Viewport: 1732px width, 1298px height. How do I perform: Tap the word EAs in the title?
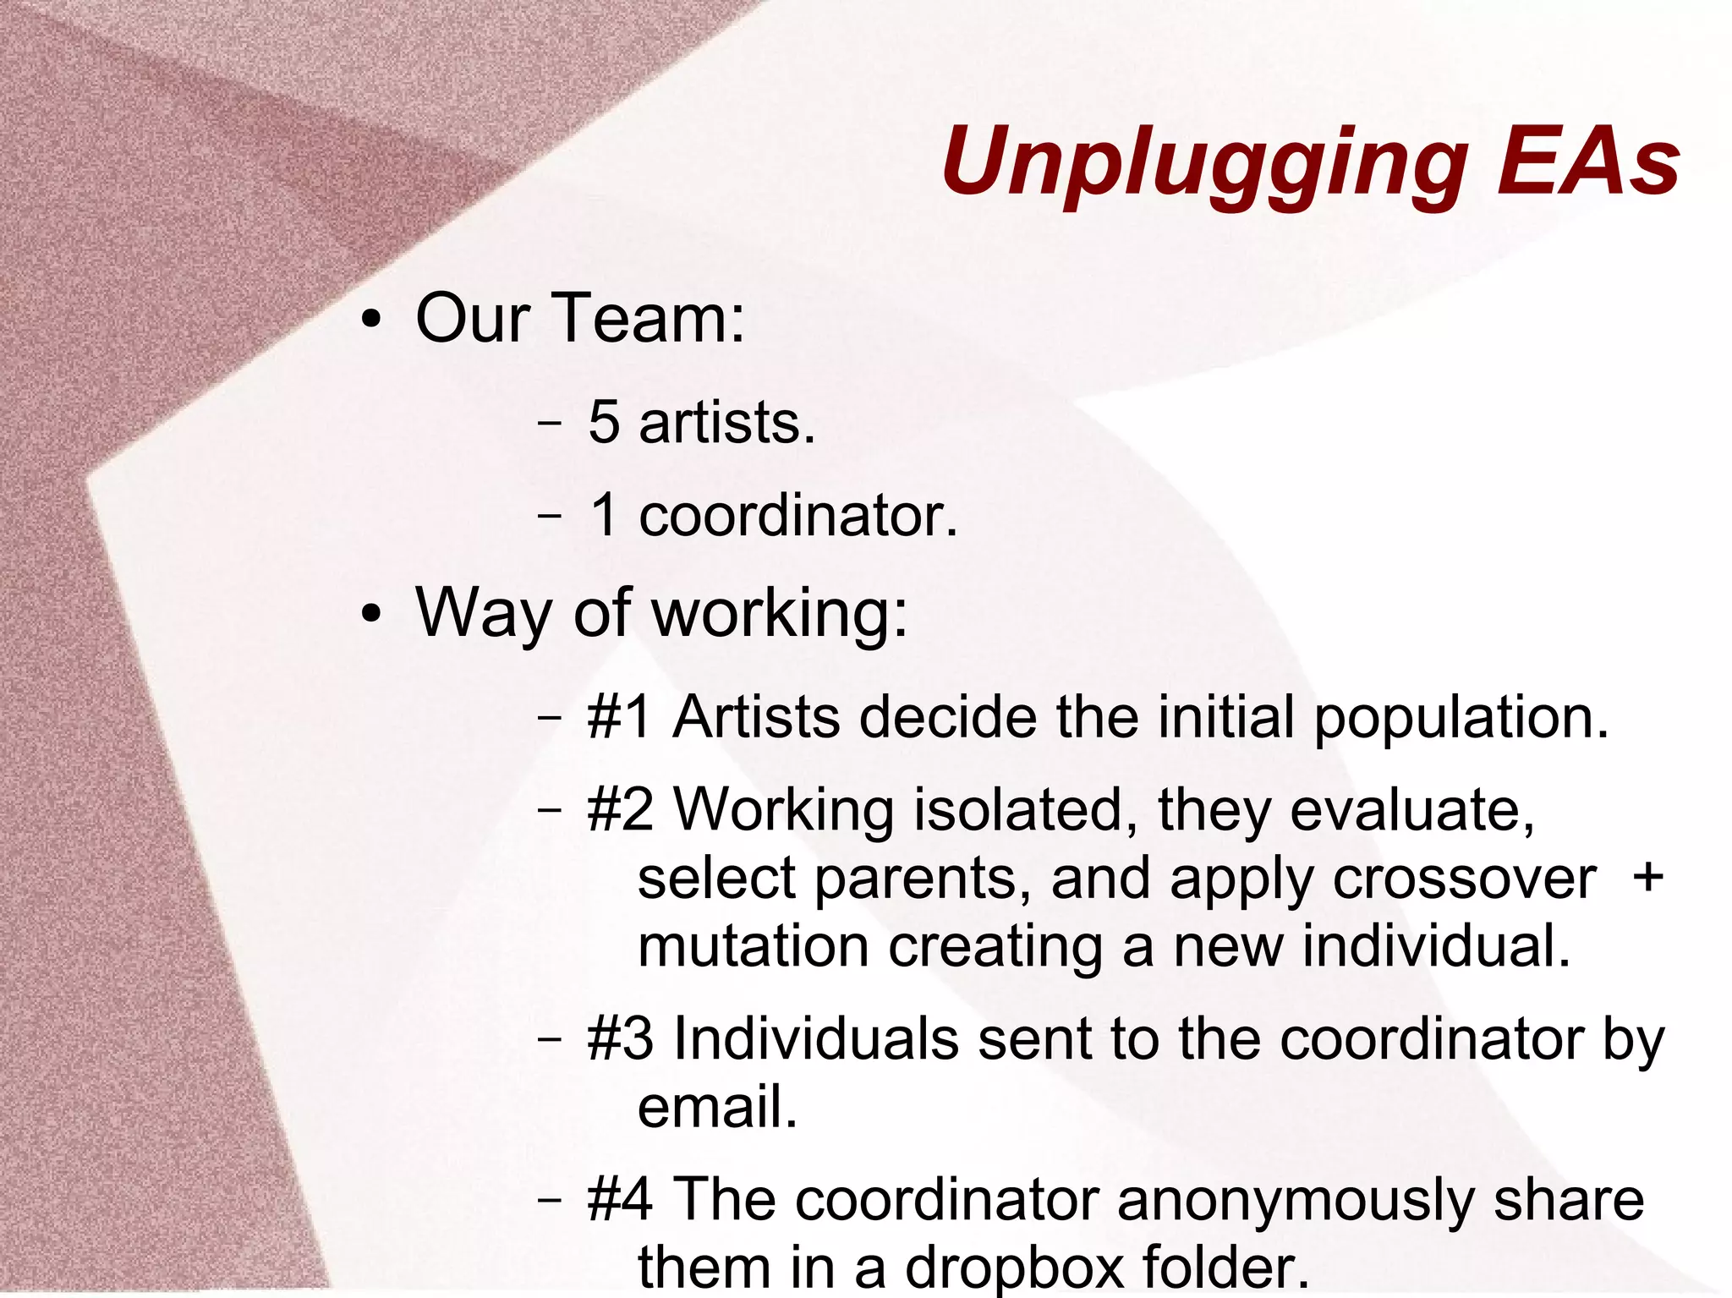1587,161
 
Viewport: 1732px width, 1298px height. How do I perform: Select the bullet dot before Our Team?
370,324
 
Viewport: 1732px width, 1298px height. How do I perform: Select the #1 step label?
620,717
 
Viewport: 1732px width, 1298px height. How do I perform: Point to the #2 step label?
620,809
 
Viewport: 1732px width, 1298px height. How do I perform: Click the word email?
717,1107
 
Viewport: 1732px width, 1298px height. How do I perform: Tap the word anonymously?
1296,1201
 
